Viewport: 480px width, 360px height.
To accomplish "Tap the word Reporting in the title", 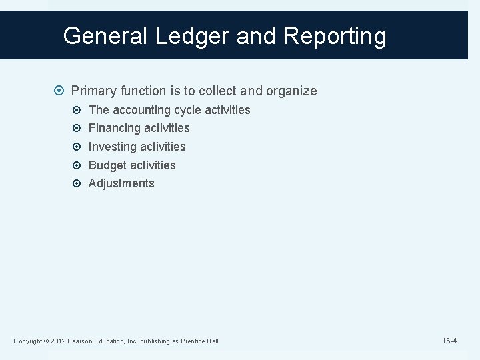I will [334, 36].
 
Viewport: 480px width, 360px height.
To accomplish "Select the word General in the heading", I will [106, 36].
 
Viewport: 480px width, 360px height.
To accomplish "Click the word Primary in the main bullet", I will [94, 91].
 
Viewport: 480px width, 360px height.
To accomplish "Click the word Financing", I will [115, 128].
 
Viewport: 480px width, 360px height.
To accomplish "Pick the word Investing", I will [113, 147].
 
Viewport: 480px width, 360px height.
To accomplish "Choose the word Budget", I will [107, 165].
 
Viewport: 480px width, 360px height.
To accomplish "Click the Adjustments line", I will [121, 183].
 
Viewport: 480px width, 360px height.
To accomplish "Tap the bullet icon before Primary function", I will [61, 91].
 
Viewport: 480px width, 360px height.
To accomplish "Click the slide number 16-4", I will [449, 341].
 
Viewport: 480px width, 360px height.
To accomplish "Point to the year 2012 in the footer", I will [58, 341].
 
